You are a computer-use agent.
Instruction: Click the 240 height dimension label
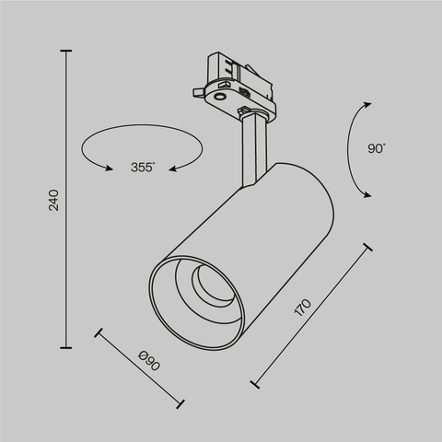tap(54, 201)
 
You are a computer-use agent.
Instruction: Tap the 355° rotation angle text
tap(142, 167)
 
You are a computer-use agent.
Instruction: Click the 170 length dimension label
tap(303, 308)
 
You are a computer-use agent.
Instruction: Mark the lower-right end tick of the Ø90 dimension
tap(181, 401)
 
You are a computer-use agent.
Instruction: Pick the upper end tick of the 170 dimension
tap(366, 247)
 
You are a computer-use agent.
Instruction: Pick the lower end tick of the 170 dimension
tap(252, 379)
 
